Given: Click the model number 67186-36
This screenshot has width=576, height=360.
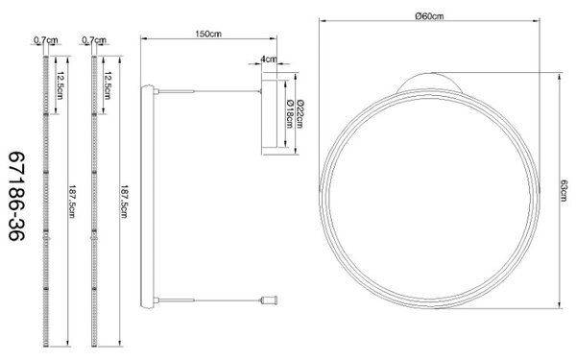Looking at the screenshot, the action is (16, 196).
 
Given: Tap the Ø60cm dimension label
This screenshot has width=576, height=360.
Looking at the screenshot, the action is (429, 15).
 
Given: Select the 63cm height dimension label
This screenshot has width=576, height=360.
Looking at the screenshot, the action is (564, 190).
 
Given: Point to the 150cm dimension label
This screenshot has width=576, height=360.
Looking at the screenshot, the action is (208, 34).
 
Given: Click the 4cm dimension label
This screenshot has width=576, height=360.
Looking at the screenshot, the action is (269, 59).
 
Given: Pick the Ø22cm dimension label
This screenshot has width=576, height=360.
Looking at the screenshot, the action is (300, 114).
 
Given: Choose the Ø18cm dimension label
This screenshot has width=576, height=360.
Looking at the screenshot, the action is (289, 114).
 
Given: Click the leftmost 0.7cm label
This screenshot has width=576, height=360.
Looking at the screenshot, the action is (46, 39).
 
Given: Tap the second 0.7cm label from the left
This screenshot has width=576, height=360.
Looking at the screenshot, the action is (94, 39).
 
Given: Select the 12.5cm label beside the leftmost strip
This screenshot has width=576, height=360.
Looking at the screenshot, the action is (60, 85).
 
